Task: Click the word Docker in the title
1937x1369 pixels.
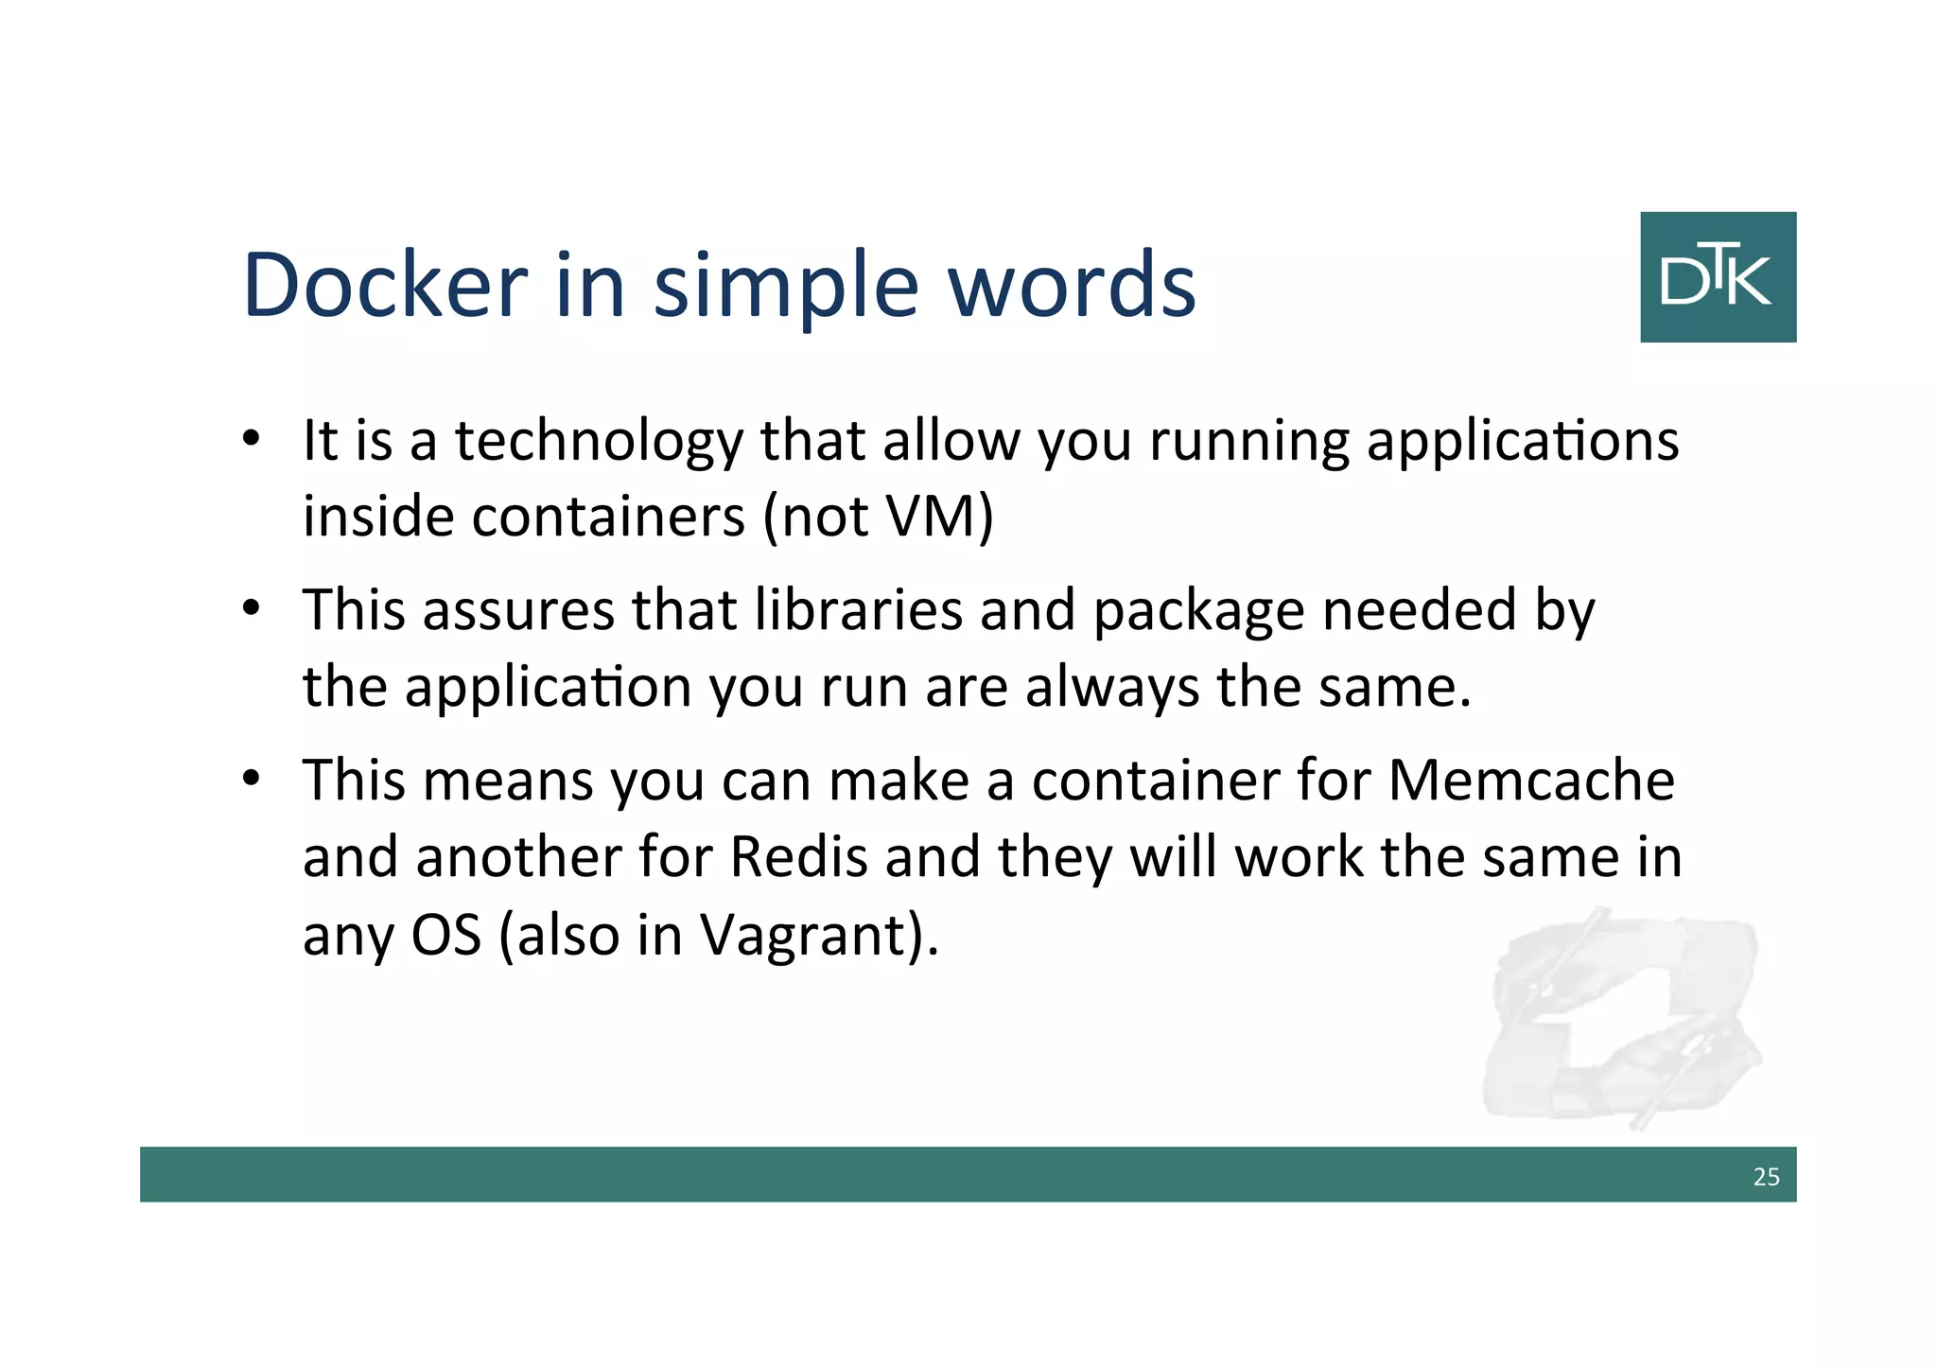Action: coord(385,285)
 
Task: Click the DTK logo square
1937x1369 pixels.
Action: coord(1718,276)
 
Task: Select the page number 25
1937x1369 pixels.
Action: coord(1766,1176)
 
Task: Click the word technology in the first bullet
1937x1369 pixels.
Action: coord(600,443)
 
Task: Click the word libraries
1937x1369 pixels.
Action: coord(859,609)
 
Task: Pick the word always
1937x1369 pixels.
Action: coord(1112,688)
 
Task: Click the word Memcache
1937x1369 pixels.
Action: coord(1531,781)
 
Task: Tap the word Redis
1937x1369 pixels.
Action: coord(799,857)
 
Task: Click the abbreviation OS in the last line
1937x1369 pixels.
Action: coord(446,935)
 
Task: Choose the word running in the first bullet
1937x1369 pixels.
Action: coord(1249,443)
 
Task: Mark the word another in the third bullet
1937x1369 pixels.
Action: coord(517,857)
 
